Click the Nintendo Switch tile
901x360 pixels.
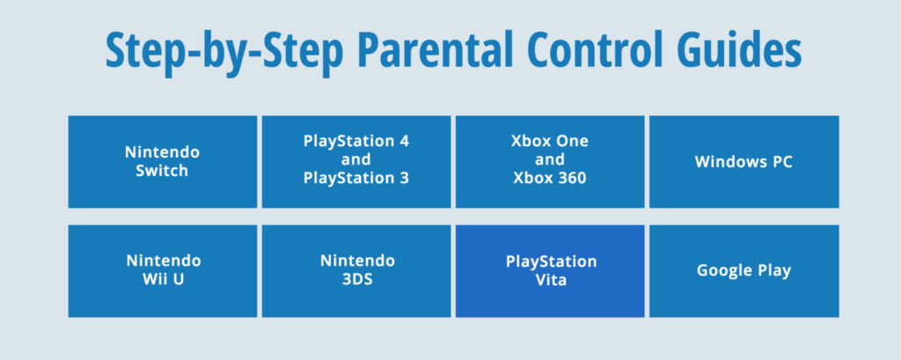point(163,162)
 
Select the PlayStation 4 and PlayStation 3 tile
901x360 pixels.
point(356,162)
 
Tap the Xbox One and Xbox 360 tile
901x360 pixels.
point(550,162)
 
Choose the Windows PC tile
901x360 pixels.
point(744,162)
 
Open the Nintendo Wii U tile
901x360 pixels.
point(163,271)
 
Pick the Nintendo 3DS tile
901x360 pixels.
point(356,271)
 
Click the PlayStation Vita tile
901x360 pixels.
point(550,271)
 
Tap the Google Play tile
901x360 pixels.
point(744,271)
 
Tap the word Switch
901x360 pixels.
point(163,172)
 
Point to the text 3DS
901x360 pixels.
point(357,281)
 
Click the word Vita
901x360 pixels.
point(551,281)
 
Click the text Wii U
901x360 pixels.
point(163,281)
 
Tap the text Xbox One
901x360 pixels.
point(550,141)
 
